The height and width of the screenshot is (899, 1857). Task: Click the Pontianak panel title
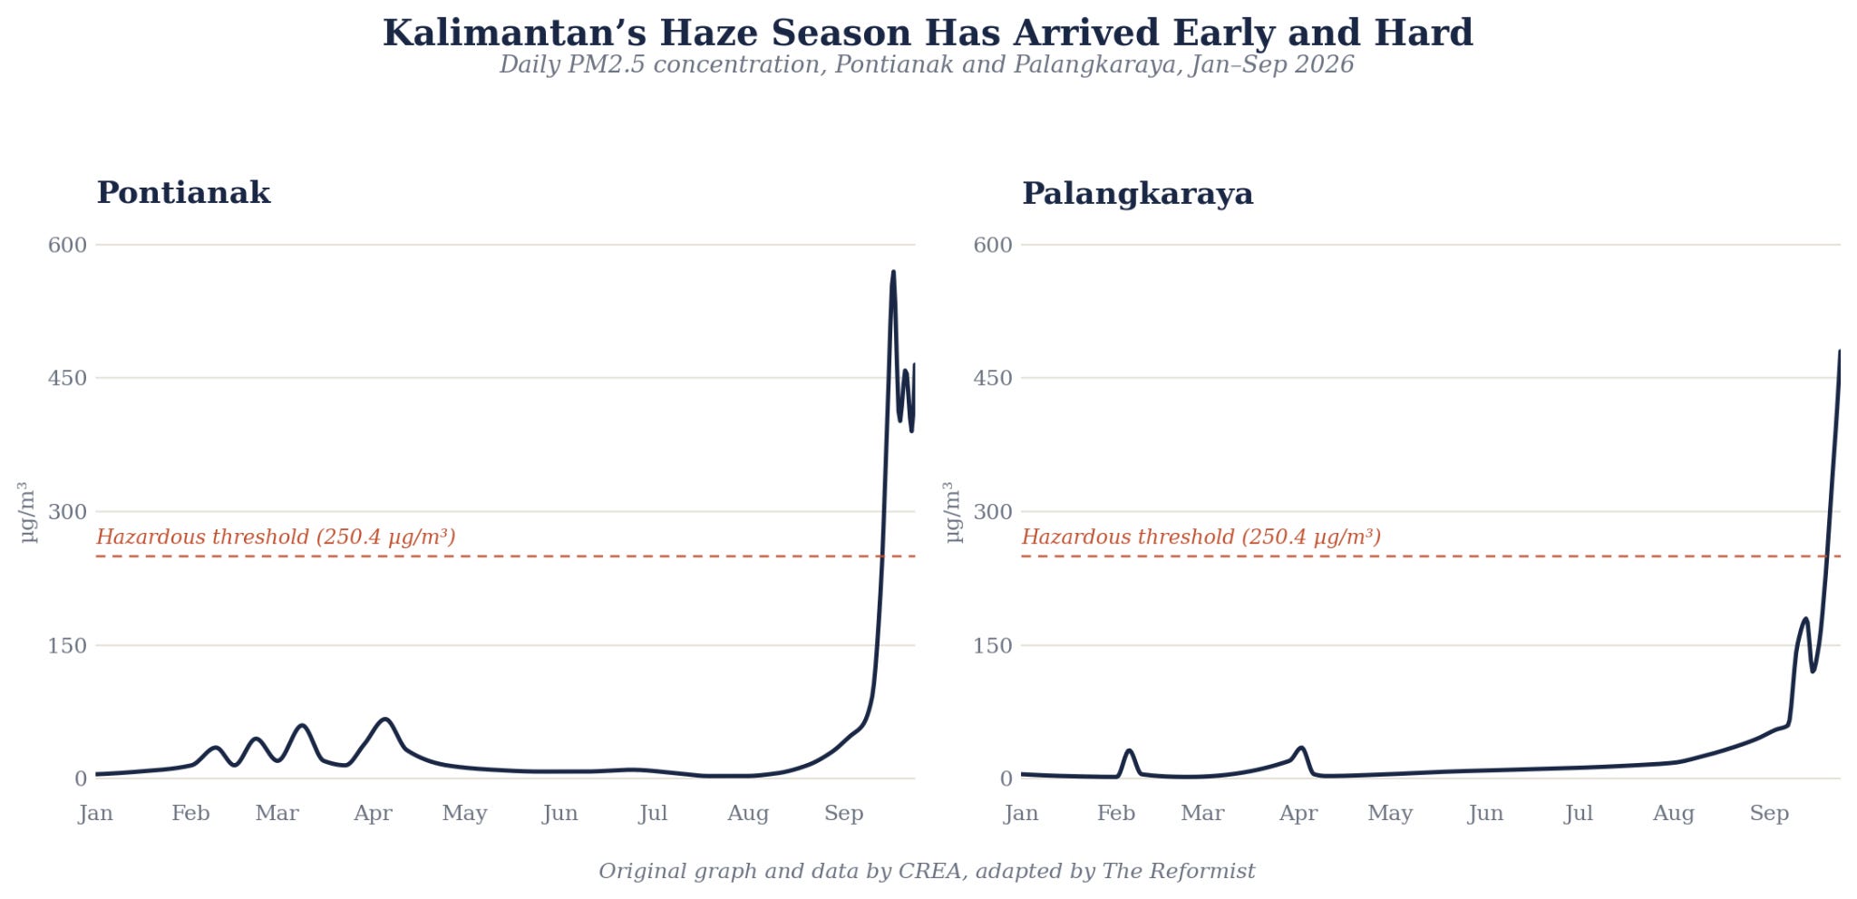coord(183,193)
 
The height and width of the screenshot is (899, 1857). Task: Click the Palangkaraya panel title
coord(1137,194)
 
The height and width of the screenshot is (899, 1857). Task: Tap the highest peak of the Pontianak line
coord(893,272)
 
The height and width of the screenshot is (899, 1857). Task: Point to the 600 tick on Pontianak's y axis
coord(67,245)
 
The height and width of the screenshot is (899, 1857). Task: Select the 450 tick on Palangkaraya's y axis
coord(992,378)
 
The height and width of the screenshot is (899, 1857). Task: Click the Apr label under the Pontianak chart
coord(373,814)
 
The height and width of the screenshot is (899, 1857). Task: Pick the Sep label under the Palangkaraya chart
coord(1769,814)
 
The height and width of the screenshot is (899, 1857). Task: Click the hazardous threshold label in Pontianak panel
coord(276,537)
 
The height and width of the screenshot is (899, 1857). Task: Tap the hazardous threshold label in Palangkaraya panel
coord(1201,537)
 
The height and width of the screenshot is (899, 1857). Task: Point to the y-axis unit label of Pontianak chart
coord(28,512)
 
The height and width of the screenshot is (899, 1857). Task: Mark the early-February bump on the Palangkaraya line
coord(1129,750)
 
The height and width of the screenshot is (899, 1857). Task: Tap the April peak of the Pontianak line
coord(385,720)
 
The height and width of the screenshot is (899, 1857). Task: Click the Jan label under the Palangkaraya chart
coord(1021,814)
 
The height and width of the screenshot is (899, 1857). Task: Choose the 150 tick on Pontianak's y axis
coord(67,646)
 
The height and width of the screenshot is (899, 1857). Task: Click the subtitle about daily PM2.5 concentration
coord(927,65)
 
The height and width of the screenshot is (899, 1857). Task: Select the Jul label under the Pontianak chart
coord(653,814)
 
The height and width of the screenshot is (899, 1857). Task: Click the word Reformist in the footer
coord(1201,872)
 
